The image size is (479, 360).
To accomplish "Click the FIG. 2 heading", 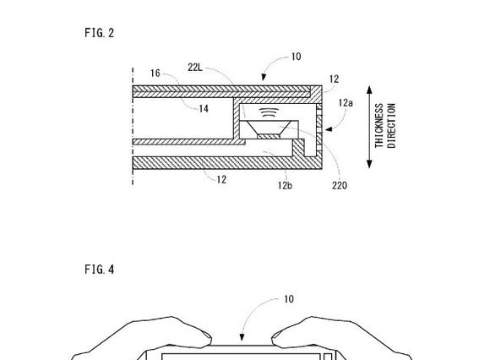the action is click(x=100, y=33).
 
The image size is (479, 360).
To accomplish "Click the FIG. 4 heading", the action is click(x=100, y=270).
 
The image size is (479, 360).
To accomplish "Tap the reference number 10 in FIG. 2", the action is click(x=296, y=57).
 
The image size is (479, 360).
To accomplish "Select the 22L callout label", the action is click(x=195, y=68).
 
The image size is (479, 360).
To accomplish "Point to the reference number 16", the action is click(x=155, y=74).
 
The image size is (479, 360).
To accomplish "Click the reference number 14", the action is click(x=204, y=109).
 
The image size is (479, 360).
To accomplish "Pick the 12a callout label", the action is click(x=346, y=103).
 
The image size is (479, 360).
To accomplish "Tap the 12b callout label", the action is click(x=285, y=185).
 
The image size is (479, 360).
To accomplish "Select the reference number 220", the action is click(x=340, y=185).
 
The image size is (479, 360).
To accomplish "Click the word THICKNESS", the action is click(x=378, y=126).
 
